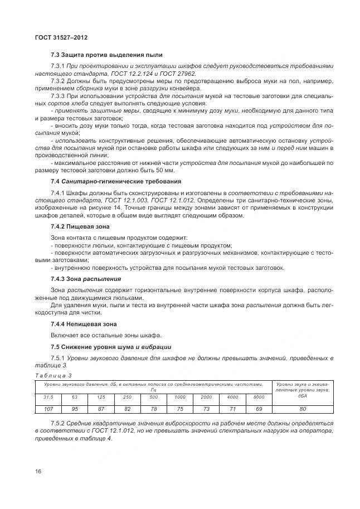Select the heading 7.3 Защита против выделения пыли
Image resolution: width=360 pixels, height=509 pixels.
tap(106, 55)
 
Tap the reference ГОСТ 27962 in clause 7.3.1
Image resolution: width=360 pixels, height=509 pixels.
tap(178, 74)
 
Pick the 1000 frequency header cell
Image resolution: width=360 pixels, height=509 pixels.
tap(179, 397)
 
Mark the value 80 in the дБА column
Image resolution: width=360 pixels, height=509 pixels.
tap(302, 409)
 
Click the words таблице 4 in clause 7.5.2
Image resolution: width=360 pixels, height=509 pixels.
tap(98, 438)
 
